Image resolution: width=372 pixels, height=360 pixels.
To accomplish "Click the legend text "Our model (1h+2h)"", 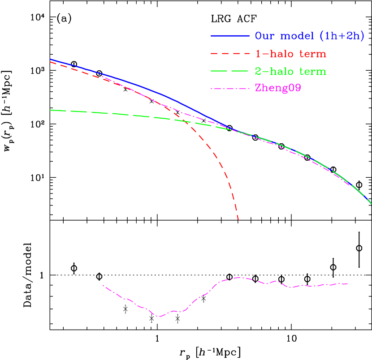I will point(310,36).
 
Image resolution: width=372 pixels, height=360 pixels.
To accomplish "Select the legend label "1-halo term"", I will point(290,54).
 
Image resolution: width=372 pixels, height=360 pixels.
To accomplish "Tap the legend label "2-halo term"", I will point(290,72).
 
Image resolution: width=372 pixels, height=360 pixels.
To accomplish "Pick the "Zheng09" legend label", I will point(278,88).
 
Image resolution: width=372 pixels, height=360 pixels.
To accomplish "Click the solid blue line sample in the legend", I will point(230,35).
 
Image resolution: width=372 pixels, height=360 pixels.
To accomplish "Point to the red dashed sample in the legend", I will point(230,54).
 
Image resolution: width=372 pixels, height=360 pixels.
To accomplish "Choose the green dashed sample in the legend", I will point(230,71).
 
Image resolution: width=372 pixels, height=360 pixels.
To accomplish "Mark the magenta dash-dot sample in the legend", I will point(230,89).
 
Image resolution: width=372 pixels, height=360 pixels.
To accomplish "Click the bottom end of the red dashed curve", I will point(238,220).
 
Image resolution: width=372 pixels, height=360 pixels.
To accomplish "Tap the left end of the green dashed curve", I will point(51,110).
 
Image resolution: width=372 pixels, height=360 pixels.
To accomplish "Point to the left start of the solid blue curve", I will point(51,59).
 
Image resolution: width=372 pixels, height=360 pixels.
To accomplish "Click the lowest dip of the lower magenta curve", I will point(158,317).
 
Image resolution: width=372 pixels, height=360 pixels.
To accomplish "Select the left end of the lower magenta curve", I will point(103,285).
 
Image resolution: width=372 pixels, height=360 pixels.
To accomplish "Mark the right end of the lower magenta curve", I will point(348,283).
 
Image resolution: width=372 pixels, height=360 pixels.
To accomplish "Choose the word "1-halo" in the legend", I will point(273,54).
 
